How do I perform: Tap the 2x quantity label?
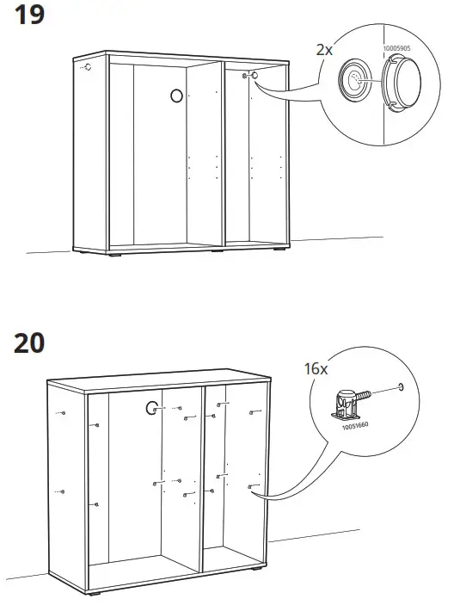(323, 50)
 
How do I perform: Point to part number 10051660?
(353, 425)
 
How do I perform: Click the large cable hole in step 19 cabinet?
(175, 96)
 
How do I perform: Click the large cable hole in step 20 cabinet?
(153, 408)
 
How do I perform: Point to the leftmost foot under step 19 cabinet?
(114, 254)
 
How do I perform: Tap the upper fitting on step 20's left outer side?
(61, 415)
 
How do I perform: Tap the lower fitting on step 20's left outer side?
(61, 491)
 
